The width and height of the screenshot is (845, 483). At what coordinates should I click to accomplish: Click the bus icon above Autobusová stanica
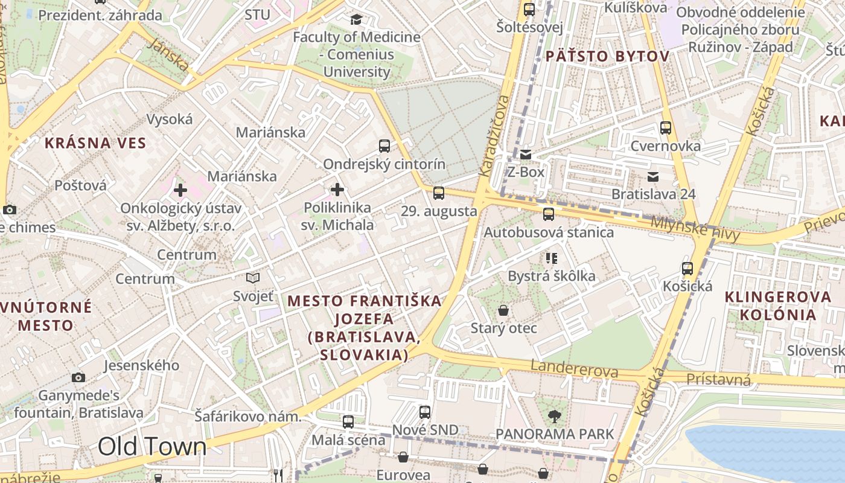coord(549,214)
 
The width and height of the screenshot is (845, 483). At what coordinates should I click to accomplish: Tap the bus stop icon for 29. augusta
coord(439,193)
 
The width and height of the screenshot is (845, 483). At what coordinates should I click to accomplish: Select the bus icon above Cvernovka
coord(666,128)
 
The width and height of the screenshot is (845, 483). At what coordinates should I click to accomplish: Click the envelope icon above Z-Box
coord(526,155)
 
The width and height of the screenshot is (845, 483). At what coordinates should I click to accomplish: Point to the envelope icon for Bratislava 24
coord(652,177)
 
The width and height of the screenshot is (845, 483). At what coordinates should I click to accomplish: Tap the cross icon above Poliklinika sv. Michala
coord(337,190)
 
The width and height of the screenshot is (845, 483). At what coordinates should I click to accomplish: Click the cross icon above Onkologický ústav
coord(180,190)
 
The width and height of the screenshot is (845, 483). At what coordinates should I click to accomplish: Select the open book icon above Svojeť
coord(253,278)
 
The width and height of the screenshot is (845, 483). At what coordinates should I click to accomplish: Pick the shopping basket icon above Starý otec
coord(503,310)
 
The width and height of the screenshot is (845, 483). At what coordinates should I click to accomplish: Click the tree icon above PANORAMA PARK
coord(554,416)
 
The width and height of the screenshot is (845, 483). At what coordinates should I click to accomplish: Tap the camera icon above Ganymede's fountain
coord(78,377)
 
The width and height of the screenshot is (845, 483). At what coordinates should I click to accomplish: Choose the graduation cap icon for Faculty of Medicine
coord(356,19)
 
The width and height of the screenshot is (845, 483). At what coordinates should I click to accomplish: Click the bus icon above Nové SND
coord(425,412)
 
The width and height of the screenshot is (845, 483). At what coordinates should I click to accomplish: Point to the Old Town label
coord(152,447)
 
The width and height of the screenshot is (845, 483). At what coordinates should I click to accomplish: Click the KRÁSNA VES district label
coord(95,143)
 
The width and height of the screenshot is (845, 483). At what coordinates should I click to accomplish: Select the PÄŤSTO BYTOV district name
coord(607,56)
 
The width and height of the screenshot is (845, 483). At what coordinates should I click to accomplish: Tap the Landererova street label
coord(575,368)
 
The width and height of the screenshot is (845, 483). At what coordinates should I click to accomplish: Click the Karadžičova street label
coord(493,135)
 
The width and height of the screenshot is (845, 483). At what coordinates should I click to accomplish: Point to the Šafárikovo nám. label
coord(247,416)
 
